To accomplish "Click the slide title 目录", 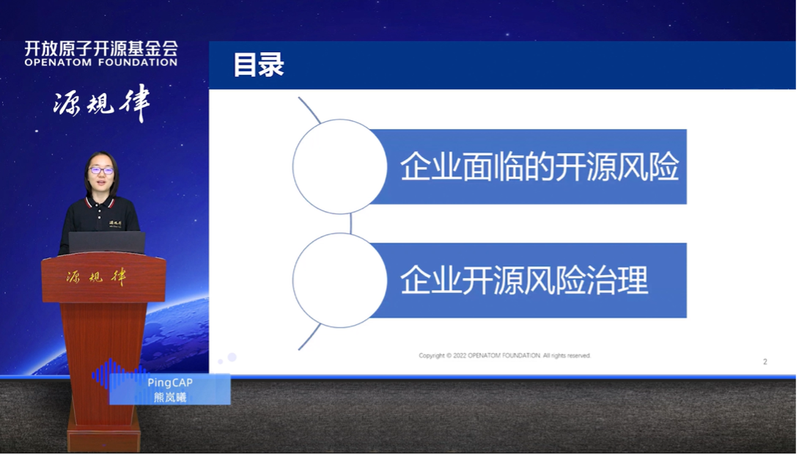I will pos(258,65).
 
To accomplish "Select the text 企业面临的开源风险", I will pos(539,167).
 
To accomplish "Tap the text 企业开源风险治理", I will pos(524,280).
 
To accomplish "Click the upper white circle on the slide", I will pos(339,167).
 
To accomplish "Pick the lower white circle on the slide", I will pos(339,280).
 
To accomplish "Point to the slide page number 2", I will pos(765,362).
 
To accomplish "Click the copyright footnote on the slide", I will pos(504,356).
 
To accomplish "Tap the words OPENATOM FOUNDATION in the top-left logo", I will pos(101,63).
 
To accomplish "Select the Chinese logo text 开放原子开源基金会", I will pos(101,48).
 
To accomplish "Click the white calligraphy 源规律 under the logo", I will pos(101,105).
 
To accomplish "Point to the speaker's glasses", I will pos(101,170).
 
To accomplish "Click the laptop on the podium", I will pos(106,243).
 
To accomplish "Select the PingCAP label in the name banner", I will pos(169,382).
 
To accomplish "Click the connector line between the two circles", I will pos(351,224).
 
